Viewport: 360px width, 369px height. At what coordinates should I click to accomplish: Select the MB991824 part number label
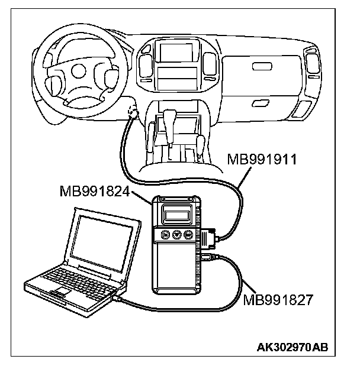tap(96, 192)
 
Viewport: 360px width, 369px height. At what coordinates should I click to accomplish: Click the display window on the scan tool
tap(179, 211)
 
